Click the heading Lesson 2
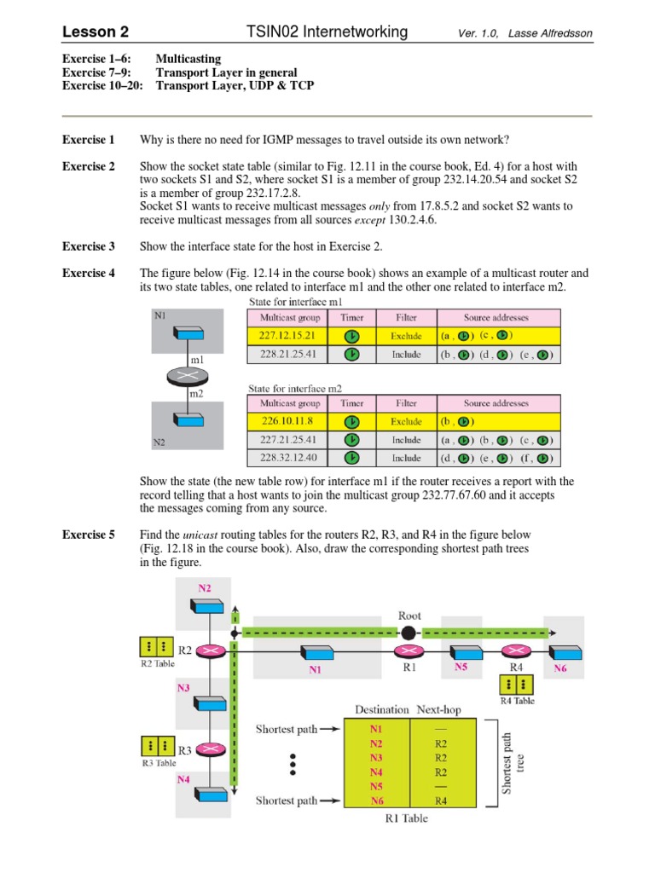point(95,32)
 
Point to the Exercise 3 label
point(89,246)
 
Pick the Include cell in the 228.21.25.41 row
point(406,355)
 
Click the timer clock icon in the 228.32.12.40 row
point(351,459)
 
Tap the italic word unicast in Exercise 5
point(208,535)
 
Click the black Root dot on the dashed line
point(409,633)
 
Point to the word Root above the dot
point(409,616)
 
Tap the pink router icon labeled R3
point(207,749)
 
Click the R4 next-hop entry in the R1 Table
point(441,801)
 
